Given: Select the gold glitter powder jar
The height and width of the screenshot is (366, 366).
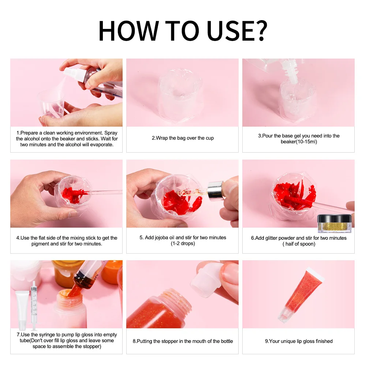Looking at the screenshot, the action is click(x=335, y=224).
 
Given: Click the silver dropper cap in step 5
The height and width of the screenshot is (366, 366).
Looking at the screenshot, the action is click(x=215, y=191).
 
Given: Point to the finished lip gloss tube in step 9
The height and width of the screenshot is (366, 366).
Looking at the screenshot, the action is click(x=300, y=295).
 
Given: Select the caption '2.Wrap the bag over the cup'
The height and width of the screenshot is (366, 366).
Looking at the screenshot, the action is click(x=183, y=138).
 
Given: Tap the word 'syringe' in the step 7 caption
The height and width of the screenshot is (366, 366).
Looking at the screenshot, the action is click(x=47, y=335).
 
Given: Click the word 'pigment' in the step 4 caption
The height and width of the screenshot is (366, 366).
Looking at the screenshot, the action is click(x=40, y=244).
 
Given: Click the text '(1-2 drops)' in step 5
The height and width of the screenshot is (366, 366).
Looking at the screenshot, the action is click(x=183, y=243).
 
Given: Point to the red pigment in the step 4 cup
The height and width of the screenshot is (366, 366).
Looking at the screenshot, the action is click(x=73, y=194).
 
